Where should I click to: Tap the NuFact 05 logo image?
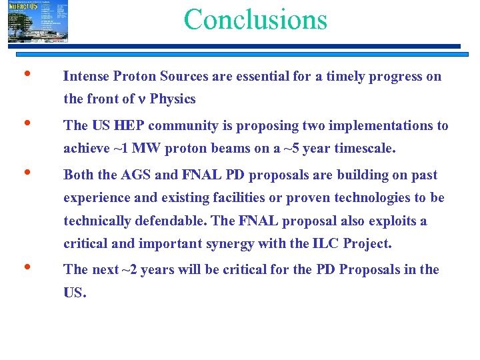(37, 21)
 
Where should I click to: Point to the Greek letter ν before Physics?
(141, 99)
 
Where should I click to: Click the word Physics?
(173, 99)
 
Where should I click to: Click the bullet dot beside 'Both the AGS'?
(25, 173)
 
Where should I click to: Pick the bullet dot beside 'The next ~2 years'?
(25, 268)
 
